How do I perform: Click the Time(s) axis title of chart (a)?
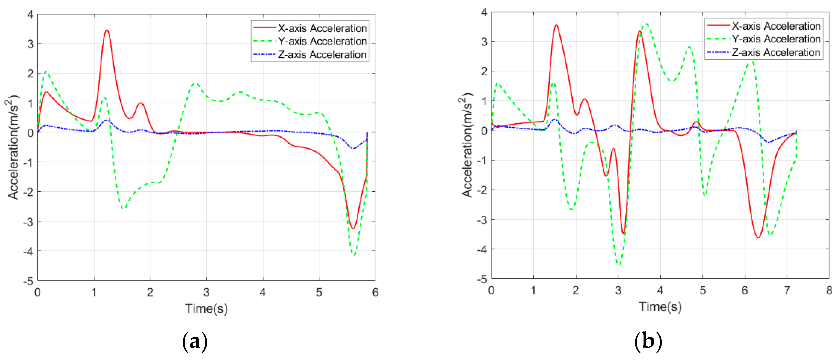tap(206, 308)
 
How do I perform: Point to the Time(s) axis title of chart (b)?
tap(660, 307)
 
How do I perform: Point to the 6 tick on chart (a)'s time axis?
tap(375, 292)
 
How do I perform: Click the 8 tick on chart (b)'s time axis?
tap(829, 290)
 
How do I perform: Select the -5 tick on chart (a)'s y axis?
tap(29, 281)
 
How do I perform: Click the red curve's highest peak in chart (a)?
tap(107, 30)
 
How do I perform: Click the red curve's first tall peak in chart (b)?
tap(556, 25)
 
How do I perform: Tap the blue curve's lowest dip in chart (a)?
tap(353, 148)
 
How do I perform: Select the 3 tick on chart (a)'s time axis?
tap(206, 292)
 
